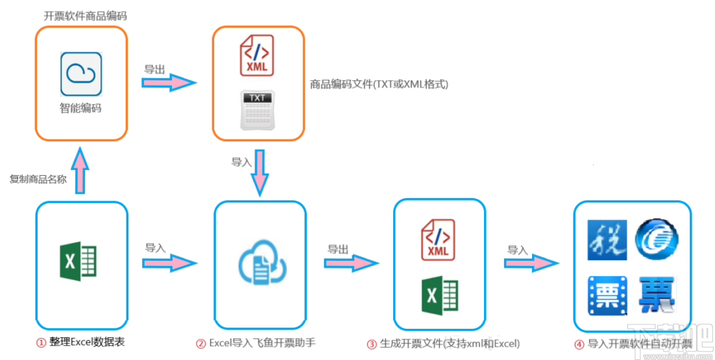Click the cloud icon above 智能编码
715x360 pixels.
point(81,74)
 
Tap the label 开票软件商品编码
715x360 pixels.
point(86,16)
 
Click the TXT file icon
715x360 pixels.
point(258,108)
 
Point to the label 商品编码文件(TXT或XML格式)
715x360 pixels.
point(379,84)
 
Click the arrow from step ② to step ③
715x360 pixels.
point(351,263)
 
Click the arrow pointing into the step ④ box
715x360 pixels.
point(531,263)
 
